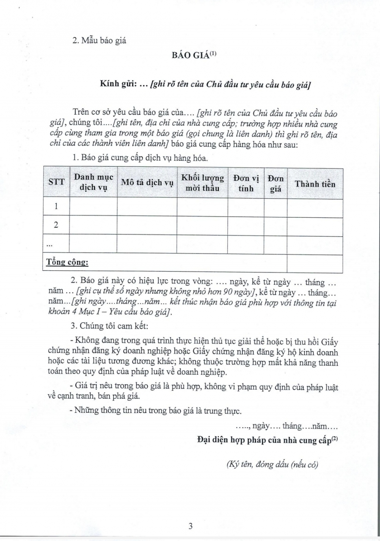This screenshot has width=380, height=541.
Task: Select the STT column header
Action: coord(57,182)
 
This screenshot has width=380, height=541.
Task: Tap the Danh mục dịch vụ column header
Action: coord(93,182)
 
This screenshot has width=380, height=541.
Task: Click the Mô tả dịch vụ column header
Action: coord(147,182)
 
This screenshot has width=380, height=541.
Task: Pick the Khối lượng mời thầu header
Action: coord(202,183)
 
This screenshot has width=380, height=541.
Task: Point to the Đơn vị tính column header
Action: coord(246,183)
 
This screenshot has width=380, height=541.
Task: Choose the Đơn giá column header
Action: coord(275,183)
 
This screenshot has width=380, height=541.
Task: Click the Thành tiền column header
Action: coord(315,184)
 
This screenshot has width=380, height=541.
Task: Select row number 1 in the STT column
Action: coord(56,206)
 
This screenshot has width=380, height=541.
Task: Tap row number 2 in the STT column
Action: coord(56,225)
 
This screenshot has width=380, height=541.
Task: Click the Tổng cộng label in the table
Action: coord(67,262)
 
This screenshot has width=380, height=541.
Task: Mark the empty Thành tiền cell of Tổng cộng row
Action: coord(315,263)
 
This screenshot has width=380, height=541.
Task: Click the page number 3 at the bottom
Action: coord(190,526)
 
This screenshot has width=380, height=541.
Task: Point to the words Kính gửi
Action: coord(118,84)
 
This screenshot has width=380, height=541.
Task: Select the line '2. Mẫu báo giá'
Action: coord(99,40)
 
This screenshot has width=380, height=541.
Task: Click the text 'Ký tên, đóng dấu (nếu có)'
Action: coord(272,464)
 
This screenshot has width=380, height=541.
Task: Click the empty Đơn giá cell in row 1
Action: coord(275,207)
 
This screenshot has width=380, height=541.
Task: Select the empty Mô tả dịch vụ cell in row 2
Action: coord(147,226)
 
